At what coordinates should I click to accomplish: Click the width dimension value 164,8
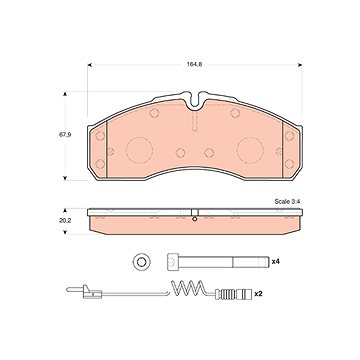(194, 65)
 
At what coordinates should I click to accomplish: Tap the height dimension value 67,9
(61, 135)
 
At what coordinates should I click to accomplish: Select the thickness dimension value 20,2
(61, 221)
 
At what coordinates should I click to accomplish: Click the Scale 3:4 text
(288, 202)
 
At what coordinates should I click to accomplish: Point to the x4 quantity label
(275, 262)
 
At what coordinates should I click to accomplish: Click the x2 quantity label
(258, 294)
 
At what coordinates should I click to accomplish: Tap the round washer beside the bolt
(142, 262)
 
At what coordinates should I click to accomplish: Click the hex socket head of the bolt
(172, 262)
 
